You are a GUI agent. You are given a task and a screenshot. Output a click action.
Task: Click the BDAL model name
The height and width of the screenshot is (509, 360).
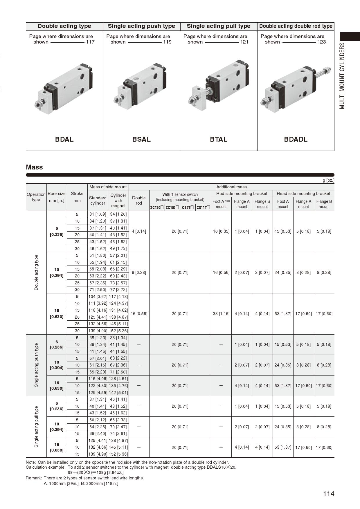(64, 139)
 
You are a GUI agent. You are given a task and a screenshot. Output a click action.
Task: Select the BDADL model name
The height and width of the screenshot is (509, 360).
(296, 139)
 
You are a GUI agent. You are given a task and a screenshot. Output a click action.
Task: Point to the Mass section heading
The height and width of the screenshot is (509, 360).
(34, 167)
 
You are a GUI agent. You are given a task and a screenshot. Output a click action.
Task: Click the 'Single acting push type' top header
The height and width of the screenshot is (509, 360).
(141, 26)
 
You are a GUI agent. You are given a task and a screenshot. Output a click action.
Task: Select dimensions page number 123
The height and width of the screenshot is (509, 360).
(321, 42)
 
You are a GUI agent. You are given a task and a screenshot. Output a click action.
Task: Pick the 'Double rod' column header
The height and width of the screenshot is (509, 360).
(139, 200)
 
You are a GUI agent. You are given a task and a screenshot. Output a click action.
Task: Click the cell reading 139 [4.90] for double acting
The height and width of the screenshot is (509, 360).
(98, 331)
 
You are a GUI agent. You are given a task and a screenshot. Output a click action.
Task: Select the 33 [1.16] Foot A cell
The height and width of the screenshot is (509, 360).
(221, 314)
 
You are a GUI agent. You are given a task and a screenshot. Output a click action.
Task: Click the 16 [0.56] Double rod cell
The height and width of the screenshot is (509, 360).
(139, 314)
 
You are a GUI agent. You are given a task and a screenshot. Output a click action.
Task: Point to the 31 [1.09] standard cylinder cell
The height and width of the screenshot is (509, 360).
(98, 214)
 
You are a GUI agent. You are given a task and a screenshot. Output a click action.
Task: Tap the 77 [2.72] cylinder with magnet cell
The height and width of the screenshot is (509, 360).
(118, 290)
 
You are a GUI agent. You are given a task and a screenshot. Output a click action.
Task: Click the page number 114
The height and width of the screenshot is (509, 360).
(328, 494)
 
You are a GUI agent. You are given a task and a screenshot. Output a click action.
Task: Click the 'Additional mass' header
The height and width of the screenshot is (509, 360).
(231, 187)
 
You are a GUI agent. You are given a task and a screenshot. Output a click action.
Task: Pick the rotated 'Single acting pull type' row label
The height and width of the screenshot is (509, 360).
(36, 427)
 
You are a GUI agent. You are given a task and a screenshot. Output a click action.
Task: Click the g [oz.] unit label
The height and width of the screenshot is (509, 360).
(328, 180)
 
